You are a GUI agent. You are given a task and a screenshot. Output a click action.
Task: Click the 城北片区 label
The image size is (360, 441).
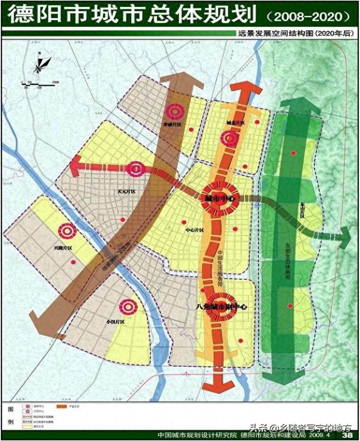click(x=234, y=122)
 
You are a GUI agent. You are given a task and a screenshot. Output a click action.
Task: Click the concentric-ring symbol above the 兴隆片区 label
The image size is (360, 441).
click(x=66, y=231)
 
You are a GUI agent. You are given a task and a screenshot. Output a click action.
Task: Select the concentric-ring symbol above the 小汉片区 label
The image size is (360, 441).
click(x=127, y=306)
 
